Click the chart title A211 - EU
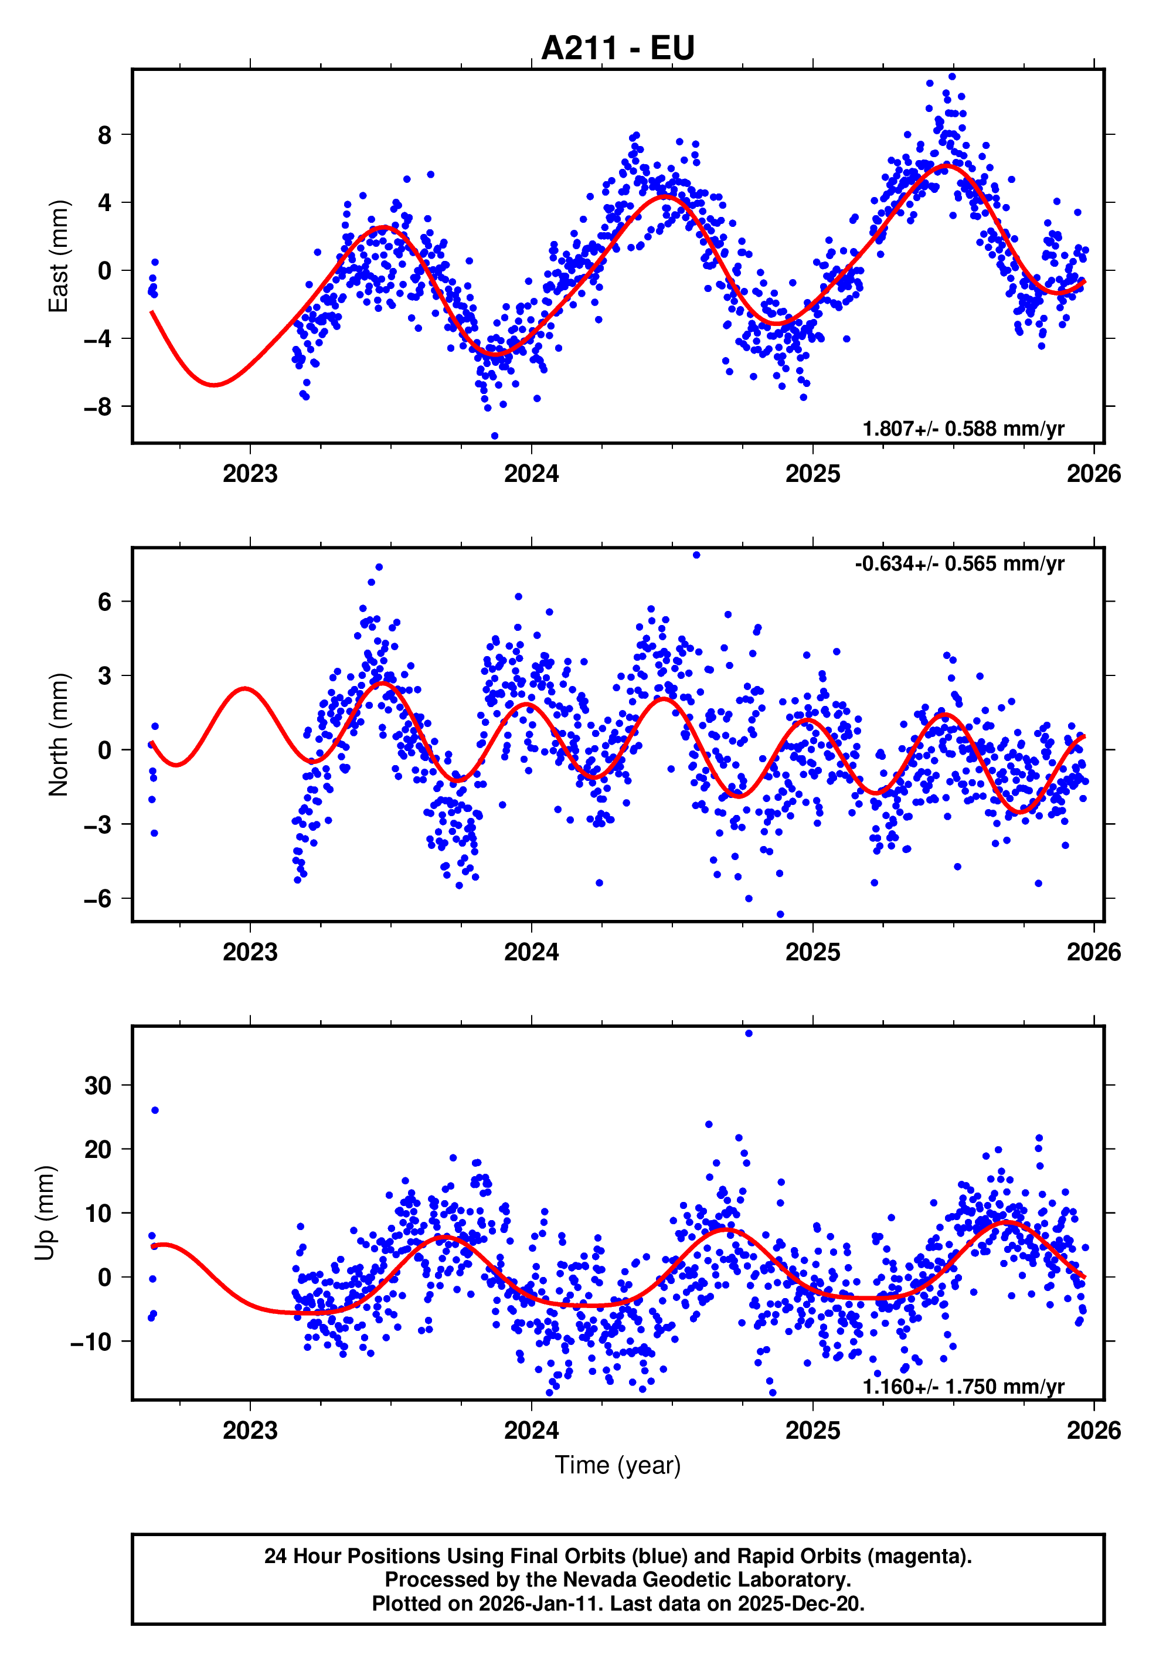pos(617,47)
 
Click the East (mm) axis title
pos(58,256)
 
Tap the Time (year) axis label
pos(617,1465)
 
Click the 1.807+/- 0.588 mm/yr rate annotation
pos(963,429)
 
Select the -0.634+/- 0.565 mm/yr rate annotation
pos(959,563)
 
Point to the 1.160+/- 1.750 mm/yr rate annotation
pos(963,1386)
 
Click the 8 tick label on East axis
pos(105,135)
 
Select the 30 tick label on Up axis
pos(98,1085)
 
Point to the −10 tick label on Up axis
pos(90,1341)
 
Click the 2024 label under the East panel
pos(531,474)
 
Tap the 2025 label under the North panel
pos(812,952)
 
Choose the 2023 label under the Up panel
pos(250,1430)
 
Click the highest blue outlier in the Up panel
pos(748,1034)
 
